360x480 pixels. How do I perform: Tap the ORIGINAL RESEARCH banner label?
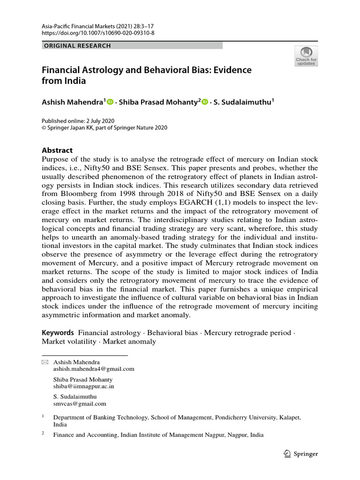[77, 46]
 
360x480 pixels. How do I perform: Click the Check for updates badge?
[306, 56]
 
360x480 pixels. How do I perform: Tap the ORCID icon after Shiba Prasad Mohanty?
[204, 102]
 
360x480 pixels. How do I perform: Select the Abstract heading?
[57, 150]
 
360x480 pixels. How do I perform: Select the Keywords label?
[58, 332]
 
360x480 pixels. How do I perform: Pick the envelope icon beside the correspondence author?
[45, 362]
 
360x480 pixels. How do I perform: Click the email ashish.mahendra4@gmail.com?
[94, 369]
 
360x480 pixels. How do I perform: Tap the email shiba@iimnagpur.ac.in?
[83, 386]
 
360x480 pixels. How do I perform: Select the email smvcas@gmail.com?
[80, 404]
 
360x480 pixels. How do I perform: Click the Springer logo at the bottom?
[301, 453]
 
